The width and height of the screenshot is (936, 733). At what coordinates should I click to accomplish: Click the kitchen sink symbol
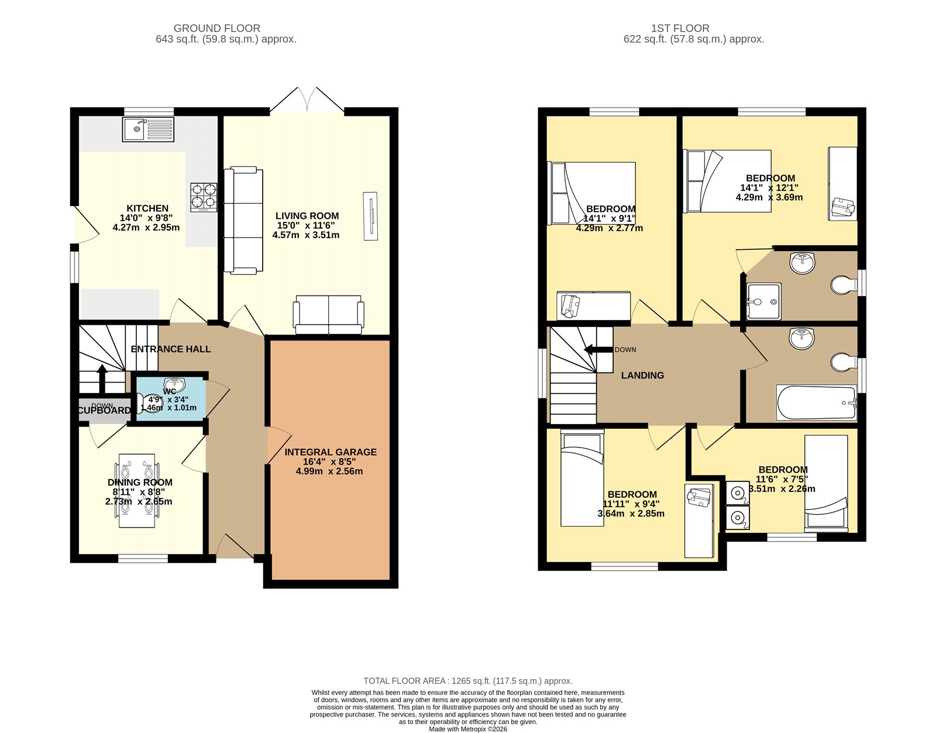point(148,129)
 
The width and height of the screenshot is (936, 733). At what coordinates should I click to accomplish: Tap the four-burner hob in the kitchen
point(204,198)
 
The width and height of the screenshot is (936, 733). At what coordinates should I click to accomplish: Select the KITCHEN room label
point(147,208)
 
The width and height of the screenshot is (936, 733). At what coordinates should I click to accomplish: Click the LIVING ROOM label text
point(307,216)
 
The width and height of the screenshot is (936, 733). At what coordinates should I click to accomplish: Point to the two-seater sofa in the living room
point(329,314)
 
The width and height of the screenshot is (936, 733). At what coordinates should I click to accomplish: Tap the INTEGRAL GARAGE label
point(331,452)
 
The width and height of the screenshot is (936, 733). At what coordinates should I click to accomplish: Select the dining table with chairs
point(137,490)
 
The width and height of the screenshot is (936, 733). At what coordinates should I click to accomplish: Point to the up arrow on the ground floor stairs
point(102,378)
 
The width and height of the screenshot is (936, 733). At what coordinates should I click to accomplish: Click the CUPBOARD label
point(104,411)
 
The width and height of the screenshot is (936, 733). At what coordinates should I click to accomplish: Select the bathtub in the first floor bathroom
point(817,402)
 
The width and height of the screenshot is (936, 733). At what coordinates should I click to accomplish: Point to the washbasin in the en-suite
point(802,263)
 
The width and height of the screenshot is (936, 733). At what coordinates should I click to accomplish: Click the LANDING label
point(642,376)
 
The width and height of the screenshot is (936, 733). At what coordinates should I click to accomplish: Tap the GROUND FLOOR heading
point(217,28)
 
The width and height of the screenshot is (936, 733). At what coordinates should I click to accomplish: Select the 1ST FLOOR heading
point(680,28)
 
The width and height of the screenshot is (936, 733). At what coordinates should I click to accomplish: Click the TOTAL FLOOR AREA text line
point(468,681)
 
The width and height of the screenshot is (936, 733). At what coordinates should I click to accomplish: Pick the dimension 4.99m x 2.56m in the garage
point(329,471)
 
